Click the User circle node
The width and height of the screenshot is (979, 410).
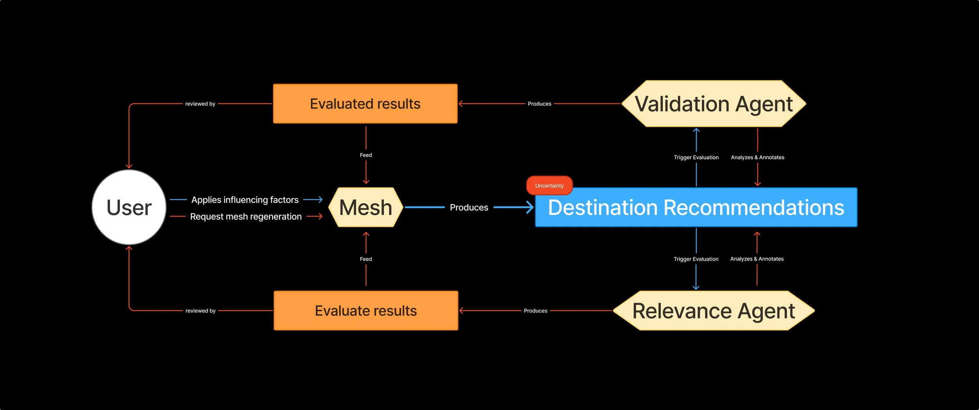(129, 207)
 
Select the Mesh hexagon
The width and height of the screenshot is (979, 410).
(366, 207)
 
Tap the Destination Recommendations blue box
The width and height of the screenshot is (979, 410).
(696, 207)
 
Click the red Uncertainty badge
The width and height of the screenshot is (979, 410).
(549, 186)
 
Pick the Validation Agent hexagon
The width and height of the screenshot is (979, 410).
(713, 104)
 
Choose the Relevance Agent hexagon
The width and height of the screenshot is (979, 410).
(713, 311)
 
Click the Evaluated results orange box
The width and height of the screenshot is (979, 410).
(365, 104)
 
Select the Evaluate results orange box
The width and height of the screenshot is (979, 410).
(366, 311)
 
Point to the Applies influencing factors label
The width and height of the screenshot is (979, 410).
(245, 200)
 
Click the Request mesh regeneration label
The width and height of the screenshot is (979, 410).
(246, 217)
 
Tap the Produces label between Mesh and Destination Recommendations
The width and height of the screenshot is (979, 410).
(469, 207)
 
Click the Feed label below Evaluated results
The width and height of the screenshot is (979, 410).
(366, 155)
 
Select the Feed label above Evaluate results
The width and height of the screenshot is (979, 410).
(366, 259)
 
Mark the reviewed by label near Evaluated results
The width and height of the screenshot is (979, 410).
(200, 104)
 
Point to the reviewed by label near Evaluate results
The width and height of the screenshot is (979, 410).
(200, 311)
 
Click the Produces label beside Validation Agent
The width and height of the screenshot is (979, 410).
(539, 104)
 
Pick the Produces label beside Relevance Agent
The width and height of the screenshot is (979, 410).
(535, 311)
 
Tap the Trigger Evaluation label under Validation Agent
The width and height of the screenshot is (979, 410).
(696, 157)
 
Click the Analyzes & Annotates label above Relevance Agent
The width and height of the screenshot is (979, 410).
(757, 259)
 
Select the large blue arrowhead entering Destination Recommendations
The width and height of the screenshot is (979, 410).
(530, 207)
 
